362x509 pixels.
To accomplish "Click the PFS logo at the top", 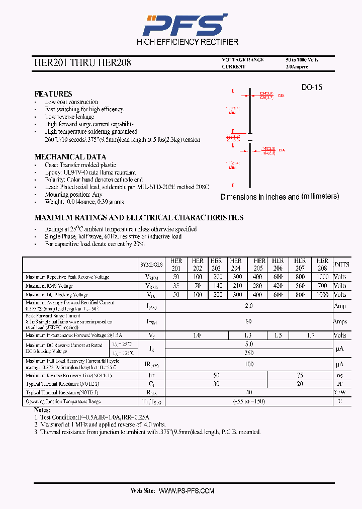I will coord(185,24).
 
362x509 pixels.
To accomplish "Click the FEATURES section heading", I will coord(53,94).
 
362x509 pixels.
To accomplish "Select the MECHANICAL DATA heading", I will coord(70,157).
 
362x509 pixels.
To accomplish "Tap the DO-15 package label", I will coord(312,88).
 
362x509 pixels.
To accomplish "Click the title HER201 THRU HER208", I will coord(82,63).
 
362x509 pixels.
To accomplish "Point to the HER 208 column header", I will coord(322,265).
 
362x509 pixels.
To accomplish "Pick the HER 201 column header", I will coord(176,265).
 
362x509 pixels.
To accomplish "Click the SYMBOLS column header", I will coord(151,265).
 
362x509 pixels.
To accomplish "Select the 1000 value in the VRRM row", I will coord(322,277).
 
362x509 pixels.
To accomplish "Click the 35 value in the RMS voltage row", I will coord(176,286).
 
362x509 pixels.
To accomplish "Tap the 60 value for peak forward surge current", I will coord(248,321).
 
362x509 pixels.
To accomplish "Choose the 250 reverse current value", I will coord(248,353).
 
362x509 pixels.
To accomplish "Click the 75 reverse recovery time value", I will coord(300,375).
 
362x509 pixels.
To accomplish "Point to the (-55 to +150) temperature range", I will coord(248,401).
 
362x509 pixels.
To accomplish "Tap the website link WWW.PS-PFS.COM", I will coord(187,491).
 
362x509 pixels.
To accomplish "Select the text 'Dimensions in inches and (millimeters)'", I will coord(280,197).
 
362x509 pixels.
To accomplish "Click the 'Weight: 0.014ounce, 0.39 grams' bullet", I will coord(84,202).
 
